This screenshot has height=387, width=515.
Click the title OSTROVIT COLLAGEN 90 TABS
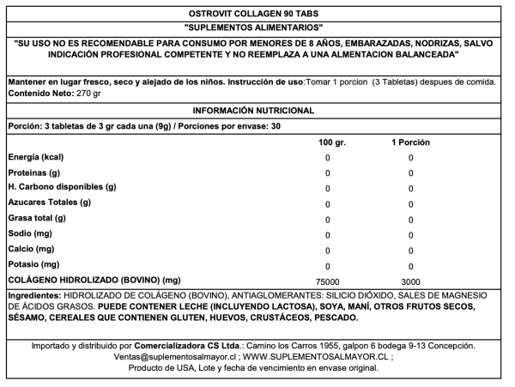(x=256, y=13)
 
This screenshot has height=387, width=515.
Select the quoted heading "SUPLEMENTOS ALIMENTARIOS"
(x=256, y=27)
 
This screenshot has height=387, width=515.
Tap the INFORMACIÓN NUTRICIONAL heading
(x=256, y=112)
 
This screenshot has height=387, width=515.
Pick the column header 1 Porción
(x=410, y=142)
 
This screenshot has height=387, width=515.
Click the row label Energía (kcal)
(x=36, y=157)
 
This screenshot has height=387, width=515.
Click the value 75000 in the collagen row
(x=328, y=281)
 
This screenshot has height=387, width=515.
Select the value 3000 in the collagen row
(x=410, y=281)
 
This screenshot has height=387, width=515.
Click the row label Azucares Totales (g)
(x=49, y=203)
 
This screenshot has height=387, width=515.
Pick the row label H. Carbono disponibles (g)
(x=62, y=187)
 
